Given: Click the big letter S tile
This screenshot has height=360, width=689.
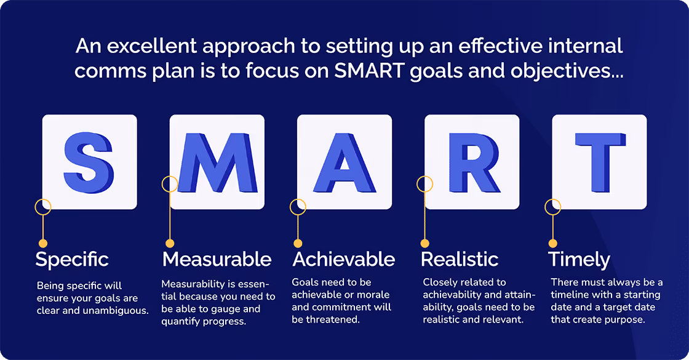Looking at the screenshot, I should [x=89, y=162].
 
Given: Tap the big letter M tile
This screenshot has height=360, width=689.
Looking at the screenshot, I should [x=217, y=162].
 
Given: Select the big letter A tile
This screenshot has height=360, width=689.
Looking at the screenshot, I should [x=344, y=162].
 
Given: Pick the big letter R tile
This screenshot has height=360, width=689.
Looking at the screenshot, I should [x=472, y=162].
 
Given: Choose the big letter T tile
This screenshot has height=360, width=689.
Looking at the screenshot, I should [x=599, y=162].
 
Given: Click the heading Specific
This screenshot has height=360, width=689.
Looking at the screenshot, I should [x=72, y=259].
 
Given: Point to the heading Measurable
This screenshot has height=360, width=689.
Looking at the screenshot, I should [x=217, y=259].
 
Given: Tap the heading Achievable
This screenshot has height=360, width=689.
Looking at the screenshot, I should [x=343, y=259].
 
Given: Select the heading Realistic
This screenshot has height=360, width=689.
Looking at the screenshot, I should [x=459, y=259].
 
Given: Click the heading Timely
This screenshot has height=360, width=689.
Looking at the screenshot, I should [x=579, y=259].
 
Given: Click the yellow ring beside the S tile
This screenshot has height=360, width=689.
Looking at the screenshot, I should [x=42, y=206].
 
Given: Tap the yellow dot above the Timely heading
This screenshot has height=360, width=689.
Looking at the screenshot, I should [x=552, y=243].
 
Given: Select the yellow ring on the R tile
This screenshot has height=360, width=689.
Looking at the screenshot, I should [x=425, y=183].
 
